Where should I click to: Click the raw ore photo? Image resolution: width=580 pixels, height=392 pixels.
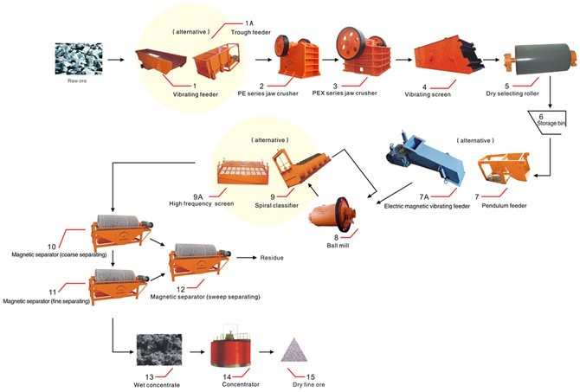79,59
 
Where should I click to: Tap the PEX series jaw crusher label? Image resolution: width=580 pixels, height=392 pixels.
345,93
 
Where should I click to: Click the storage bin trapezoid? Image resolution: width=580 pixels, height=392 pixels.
547,123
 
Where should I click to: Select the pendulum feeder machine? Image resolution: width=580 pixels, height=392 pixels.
504,169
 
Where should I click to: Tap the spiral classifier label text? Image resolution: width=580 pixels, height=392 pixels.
276,205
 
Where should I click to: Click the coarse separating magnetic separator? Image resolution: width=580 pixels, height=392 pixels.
121,232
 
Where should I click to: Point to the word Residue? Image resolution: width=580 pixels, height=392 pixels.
272,258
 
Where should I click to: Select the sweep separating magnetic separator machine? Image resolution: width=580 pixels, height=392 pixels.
200,261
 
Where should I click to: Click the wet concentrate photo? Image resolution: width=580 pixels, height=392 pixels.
159,350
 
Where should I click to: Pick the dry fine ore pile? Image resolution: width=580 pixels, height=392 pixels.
294,350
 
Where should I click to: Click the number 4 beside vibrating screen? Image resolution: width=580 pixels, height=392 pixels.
425,87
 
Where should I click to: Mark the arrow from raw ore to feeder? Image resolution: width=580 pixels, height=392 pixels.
116,59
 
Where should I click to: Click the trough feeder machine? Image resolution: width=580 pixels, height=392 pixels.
216,59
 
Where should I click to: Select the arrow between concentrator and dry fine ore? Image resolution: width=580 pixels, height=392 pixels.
267,351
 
